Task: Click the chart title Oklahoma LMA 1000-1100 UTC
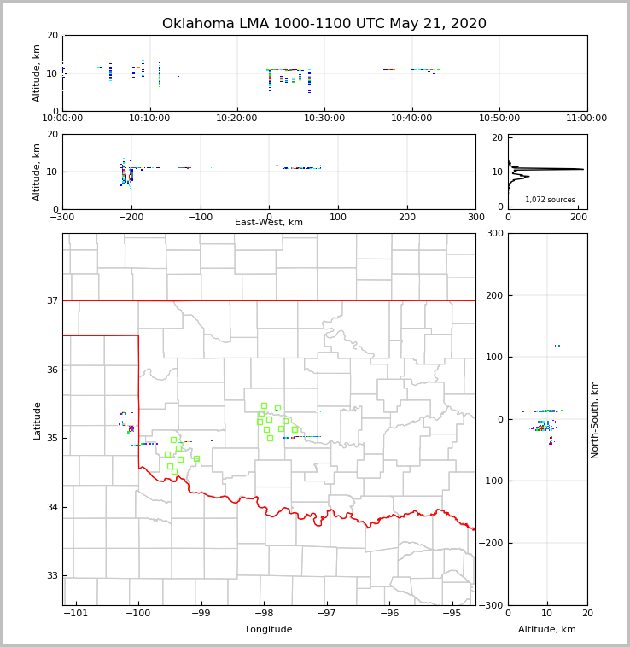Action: (x=324, y=24)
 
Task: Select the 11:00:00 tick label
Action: (x=586, y=119)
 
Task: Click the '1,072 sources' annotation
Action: (x=550, y=200)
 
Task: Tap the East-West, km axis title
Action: (x=269, y=223)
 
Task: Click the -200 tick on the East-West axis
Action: (x=131, y=217)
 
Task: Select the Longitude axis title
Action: (x=269, y=630)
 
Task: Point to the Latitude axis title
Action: (x=37, y=420)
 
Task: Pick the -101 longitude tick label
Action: (x=76, y=613)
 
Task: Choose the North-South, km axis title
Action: (x=595, y=419)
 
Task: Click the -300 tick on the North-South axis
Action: (x=493, y=605)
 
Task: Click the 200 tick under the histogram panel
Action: (x=579, y=217)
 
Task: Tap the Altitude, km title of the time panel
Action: (x=37, y=73)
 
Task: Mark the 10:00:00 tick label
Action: (x=62, y=119)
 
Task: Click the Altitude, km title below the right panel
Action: (x=547, y=630)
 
